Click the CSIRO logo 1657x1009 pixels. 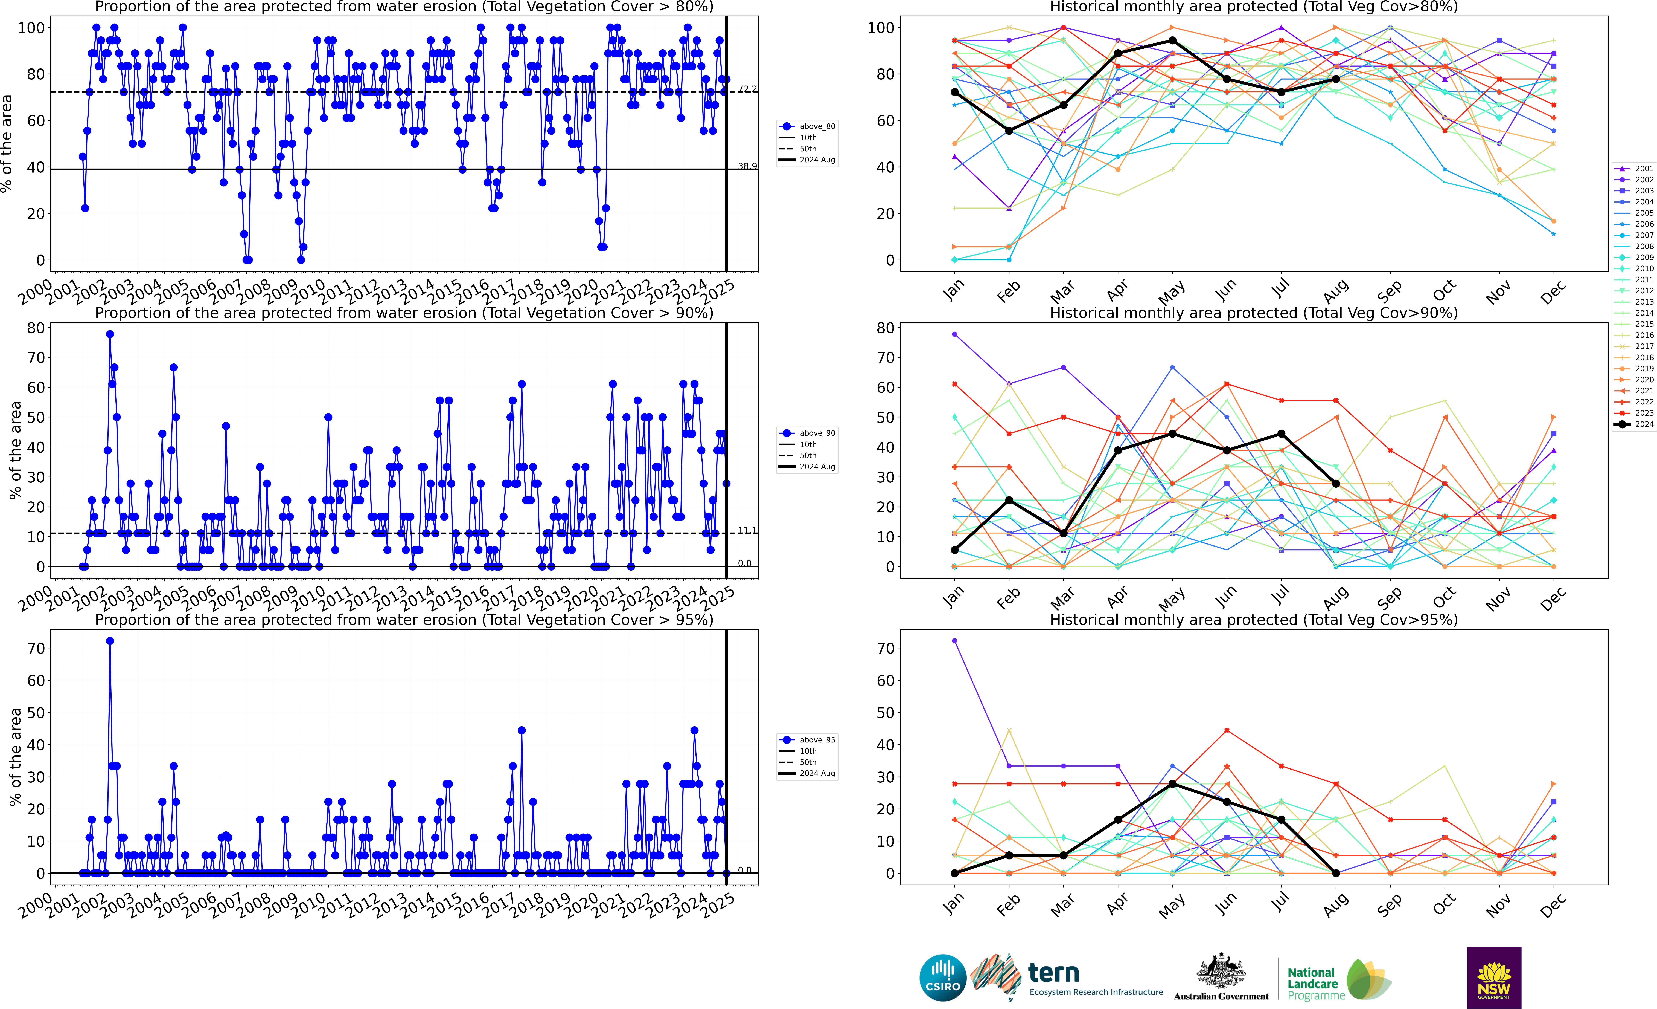[942, 977]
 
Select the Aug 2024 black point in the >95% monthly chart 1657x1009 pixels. [1336, 873]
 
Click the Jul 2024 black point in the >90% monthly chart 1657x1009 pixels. [1281, 434]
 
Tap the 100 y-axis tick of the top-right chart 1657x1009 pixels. [880, 28]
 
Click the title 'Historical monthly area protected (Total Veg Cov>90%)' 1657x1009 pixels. [1254, 313]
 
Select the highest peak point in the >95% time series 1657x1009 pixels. [110, 641]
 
